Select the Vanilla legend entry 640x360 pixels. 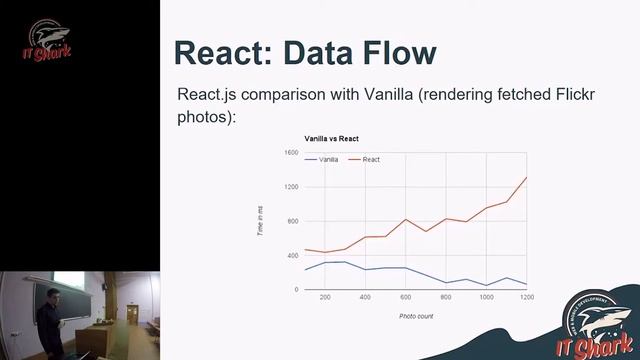pyautogui.click(x=327, y=160)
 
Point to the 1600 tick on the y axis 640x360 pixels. pyautogui.click(x=291, y=153)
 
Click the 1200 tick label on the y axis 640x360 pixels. pyautogui.click(x=291, y=187)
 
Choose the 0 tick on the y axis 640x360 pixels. pyautogui.click(x=296, y=290)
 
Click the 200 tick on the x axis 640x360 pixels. pyautogui.click(x=324, y=298)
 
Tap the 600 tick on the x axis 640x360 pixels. pyautogui.click(x=406, y=298)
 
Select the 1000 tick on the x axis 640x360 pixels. pyautogui.click(x=486, y=298)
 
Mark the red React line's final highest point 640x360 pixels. pyautogui.click(x=526, y=178)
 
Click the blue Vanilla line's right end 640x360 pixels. pyautogui.click(x=526, y=284)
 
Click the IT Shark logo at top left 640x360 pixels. pyautogui.click(x=48, y=45)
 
